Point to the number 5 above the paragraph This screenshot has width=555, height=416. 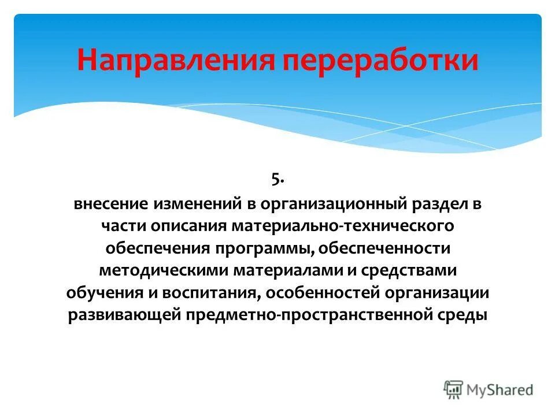click(x=276, y=180)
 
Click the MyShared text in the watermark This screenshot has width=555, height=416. click(x=501, y=390)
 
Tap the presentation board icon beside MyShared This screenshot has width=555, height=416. click(x=454, y=389)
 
